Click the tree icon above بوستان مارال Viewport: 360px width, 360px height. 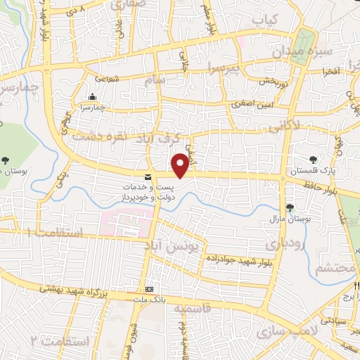click(290, 207)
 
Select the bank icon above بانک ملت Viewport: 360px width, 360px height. click(149, 289)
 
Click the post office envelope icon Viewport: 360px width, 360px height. click(148, 176)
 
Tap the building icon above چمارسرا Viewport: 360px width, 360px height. click(92, 97)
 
